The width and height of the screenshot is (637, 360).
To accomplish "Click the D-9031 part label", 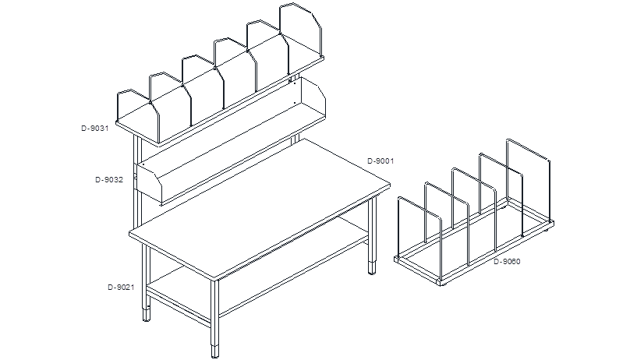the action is [x=95, y=129].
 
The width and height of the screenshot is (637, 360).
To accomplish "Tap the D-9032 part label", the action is [x=109, y=179].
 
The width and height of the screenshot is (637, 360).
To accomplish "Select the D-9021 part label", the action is [x=121, y=287].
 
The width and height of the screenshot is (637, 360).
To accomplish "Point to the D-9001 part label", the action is [x=380, y=161].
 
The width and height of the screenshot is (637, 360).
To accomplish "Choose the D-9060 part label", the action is [x=507, y=261].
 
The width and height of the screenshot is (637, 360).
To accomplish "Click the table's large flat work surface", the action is [x=260, y=207].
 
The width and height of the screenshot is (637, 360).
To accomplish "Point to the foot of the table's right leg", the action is [x=372, y=268].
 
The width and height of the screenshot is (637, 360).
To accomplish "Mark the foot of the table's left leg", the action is [x=147, y=315].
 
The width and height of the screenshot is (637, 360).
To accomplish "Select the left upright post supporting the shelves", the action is [x=137, y=182].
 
